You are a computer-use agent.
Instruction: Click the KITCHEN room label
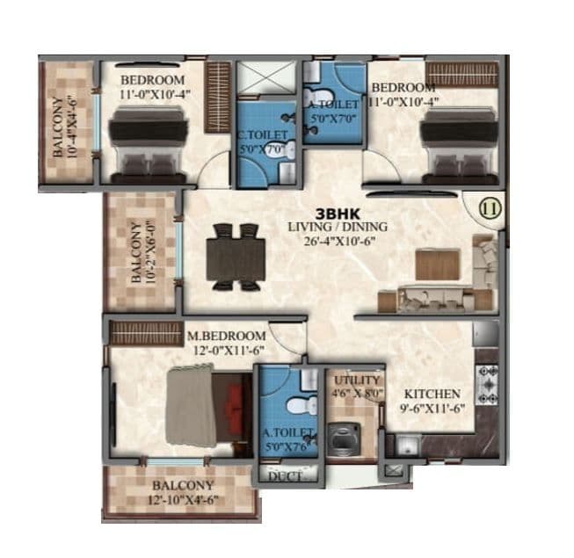coord(432,394)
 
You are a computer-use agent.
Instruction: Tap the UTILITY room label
coord(354,380)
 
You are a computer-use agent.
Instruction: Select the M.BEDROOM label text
coord(226,336)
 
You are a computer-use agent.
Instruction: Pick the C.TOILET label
coord(263,135)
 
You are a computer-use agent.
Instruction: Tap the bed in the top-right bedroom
coord(455,141)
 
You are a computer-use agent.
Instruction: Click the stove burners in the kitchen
coord(487,384)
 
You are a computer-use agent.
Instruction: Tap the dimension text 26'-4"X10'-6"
coord(338,242)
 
